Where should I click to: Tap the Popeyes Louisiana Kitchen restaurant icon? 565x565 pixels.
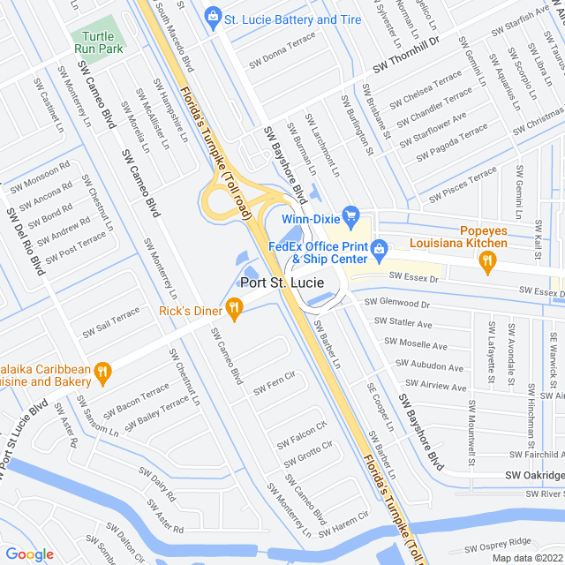tap(485, 260)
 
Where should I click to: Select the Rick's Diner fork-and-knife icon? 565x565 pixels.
tap(234, 308)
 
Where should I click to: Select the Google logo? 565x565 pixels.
tap(30, 554)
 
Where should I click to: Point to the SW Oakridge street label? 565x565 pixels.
tap(534, 475)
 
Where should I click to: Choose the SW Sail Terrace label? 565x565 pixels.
tap(111, 323)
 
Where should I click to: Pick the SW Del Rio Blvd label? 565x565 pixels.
tap(24, 241)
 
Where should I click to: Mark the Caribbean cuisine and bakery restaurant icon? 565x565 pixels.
tap(103, 374)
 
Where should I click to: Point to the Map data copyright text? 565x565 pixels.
tap(526, 557)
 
